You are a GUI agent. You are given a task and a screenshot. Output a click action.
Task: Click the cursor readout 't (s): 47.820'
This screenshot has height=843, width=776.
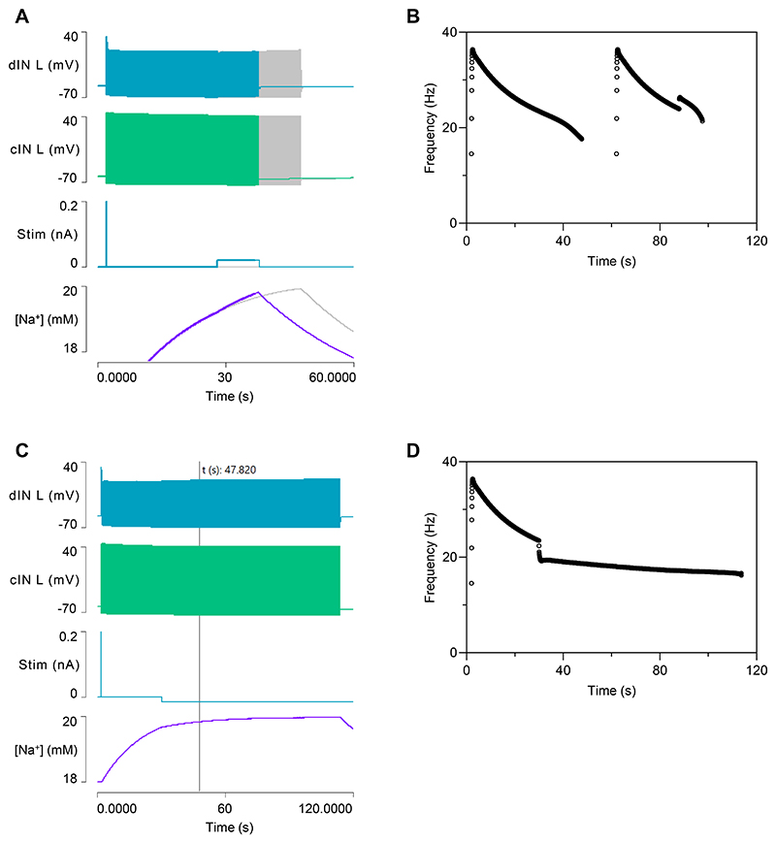tap(229, 470)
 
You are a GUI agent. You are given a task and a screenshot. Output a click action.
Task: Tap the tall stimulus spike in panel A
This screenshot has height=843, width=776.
tap(106, 233)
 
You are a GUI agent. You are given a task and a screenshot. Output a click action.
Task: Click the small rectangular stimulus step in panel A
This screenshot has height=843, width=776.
tap(238, 262)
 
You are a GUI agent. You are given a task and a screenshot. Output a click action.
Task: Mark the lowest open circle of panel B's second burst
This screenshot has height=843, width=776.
tap(616, 153)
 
